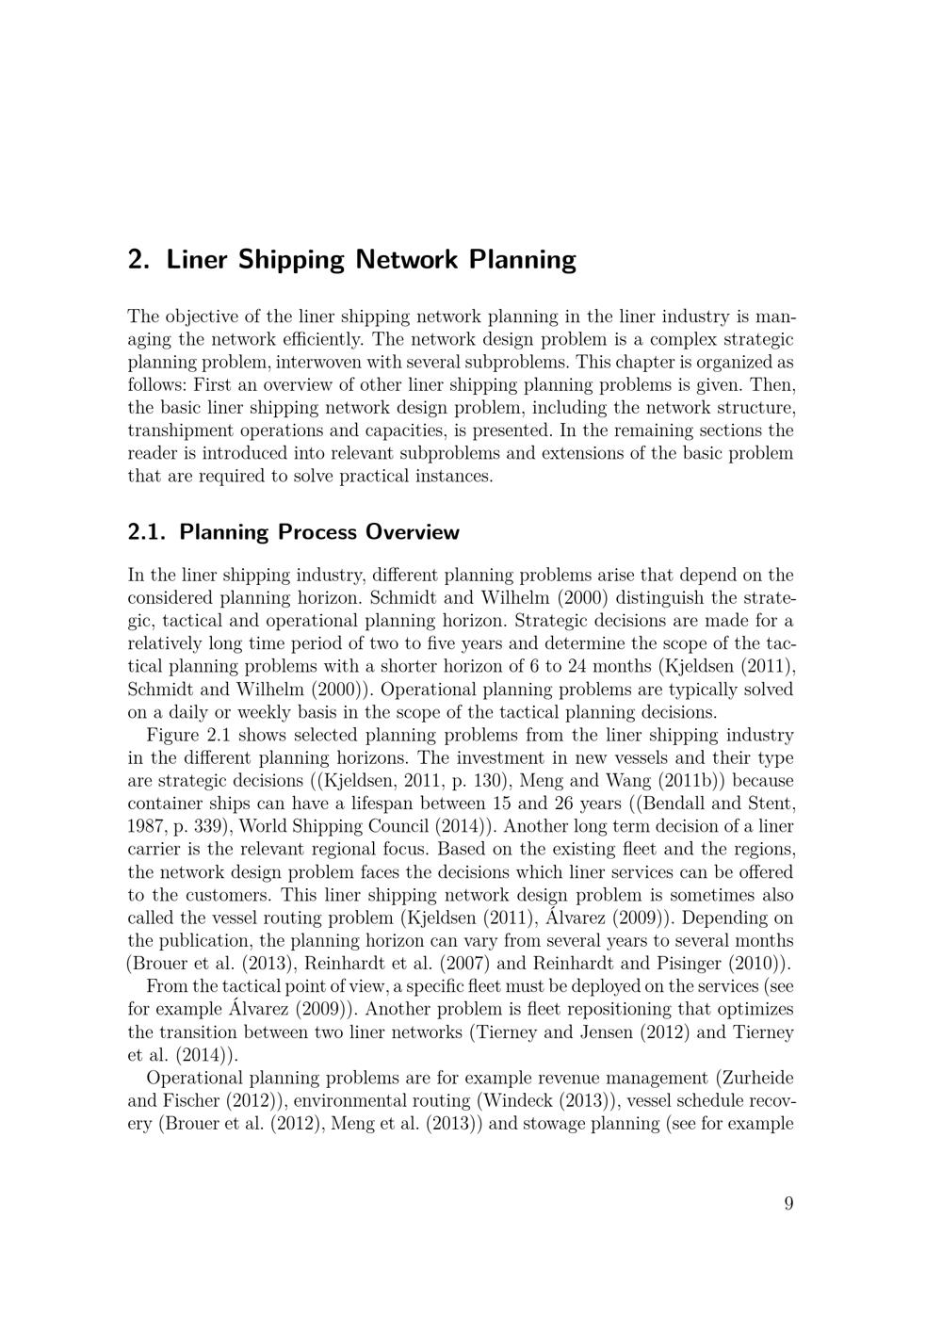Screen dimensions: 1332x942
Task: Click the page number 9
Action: point(788,1203)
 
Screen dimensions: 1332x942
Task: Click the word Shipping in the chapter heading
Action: point(292,259)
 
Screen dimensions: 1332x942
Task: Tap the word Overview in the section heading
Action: point(413,532)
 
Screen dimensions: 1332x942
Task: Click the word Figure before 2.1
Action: point(172,735)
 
